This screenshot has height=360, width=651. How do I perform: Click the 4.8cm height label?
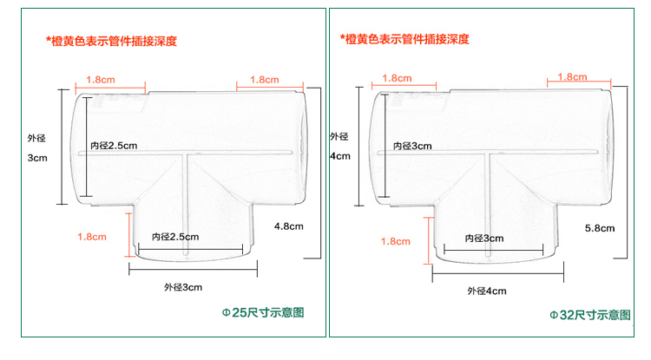[289, 226]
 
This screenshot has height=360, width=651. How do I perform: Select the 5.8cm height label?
[600, 228]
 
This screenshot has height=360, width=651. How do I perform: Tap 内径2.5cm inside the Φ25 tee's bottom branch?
[175, 237]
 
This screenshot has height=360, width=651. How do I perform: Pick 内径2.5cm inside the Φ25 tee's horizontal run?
[115, 145]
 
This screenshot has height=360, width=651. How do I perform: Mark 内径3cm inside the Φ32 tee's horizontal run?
[410, 146]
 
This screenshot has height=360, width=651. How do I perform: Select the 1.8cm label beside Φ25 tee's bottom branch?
[91, 236]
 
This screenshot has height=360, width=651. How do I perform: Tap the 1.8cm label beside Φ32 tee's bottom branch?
[394, 240]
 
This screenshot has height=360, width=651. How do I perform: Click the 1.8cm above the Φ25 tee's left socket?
[100, 79]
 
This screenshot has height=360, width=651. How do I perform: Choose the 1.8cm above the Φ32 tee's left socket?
[396, 77]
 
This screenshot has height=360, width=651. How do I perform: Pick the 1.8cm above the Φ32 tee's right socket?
[573, 76]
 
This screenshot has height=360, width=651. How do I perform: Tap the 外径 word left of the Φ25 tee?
[36, 137]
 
